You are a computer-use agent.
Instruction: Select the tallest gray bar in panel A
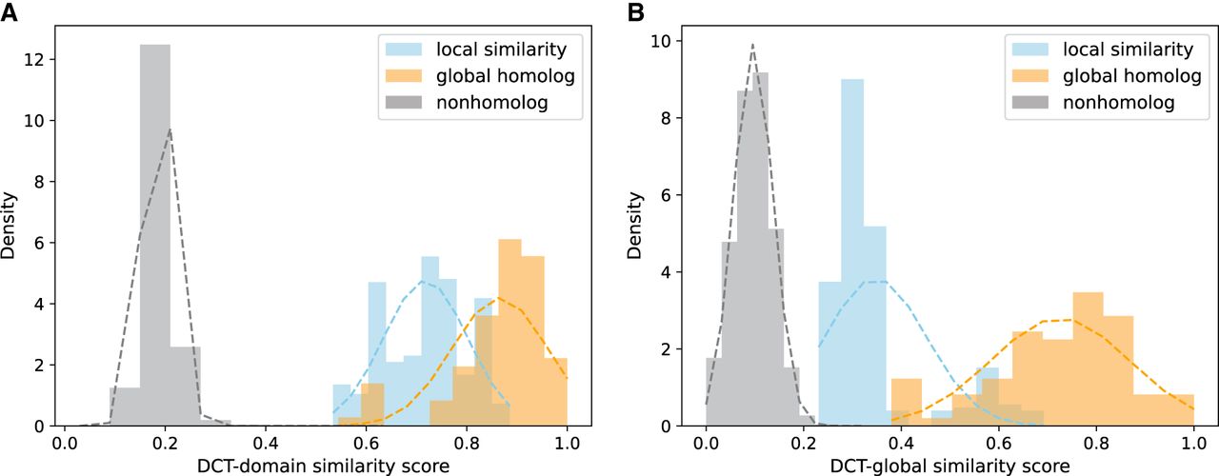[x=155, y=238]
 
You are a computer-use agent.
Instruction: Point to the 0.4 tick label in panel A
[x=266, y=443]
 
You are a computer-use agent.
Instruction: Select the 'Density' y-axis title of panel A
[x=10, y=227]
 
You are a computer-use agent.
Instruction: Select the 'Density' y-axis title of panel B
[x=634, y=227]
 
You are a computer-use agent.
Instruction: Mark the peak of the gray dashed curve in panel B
[x=752, y=44]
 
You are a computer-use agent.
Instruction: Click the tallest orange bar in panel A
[x=510, y=333]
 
